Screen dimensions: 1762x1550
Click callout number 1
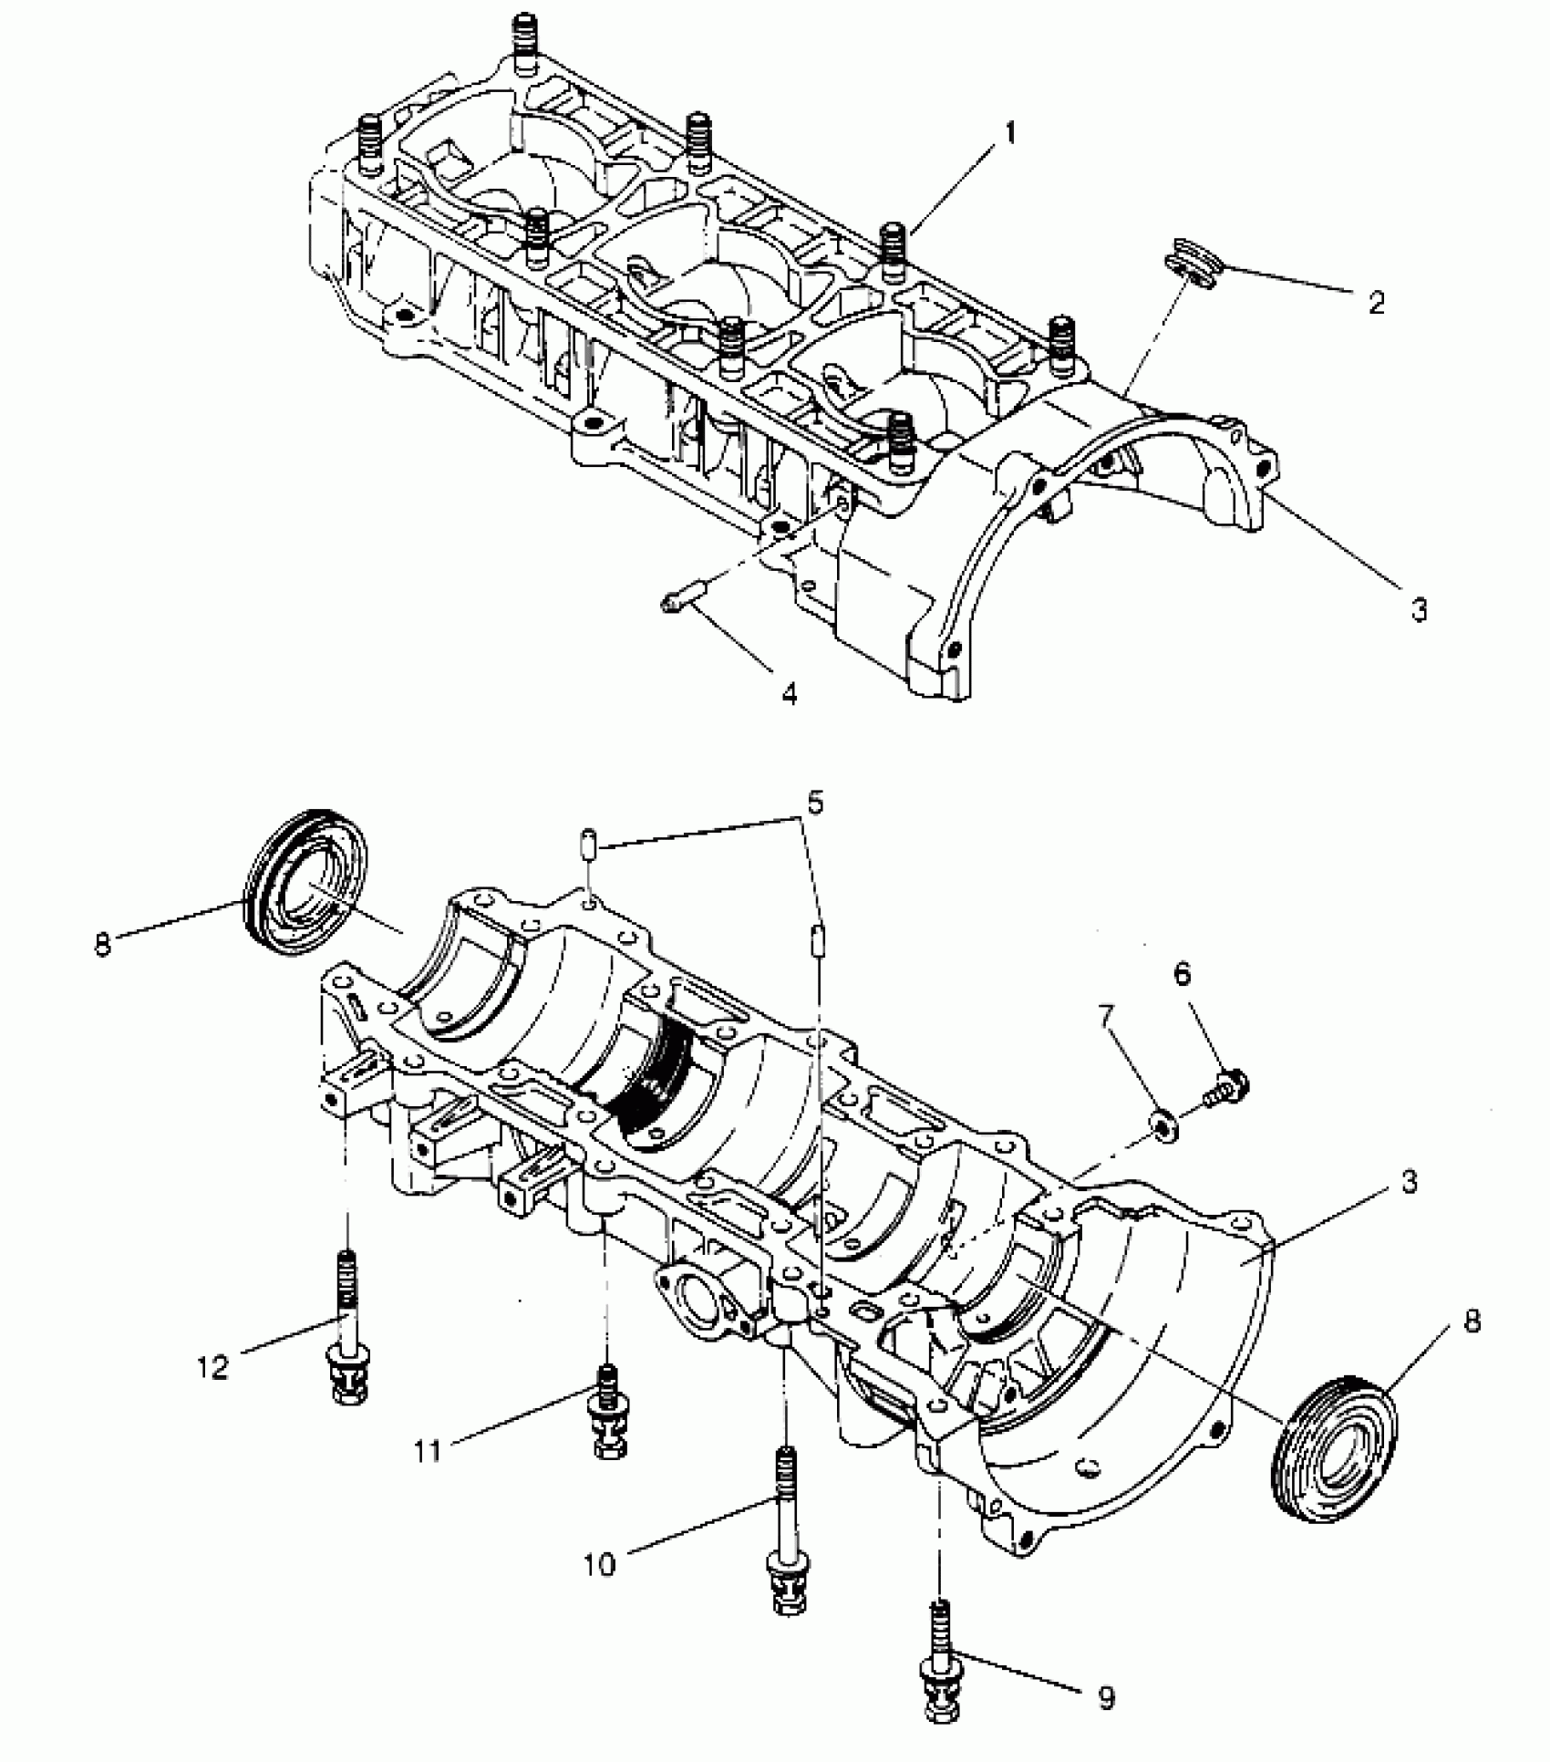click(1009, 134)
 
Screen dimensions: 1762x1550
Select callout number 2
click(1377, 303)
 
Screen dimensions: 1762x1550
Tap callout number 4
click(790, 694)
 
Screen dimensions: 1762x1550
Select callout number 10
click(600, 1565)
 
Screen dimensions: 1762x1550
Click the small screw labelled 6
click(1226, 1088)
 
